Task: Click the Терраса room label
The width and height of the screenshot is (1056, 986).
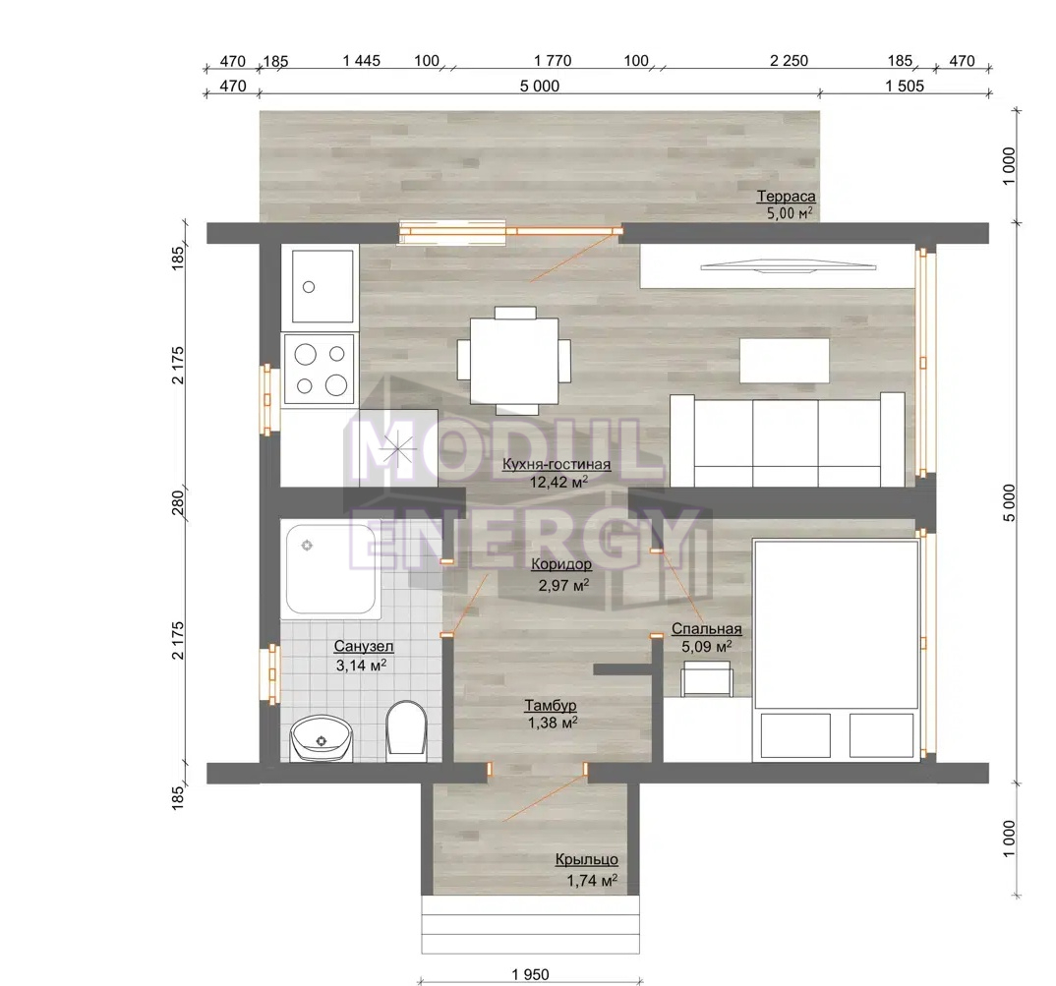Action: pyautogui.click(x=786, y=197)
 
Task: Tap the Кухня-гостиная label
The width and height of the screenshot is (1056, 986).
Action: pyautogui.click(x=557, y=464)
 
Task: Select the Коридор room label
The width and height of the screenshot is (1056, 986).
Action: pyautogui.click(x=561, y=564)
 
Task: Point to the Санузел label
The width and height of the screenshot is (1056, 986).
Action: pyautogui.click(x=364, y=647)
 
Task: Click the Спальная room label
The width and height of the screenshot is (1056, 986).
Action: pyautogui.click(x=707, y=629)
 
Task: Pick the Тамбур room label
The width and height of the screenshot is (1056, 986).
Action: pyautogui.click(x=551, y=705)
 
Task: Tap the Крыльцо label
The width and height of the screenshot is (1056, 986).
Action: pyautogui.click(x=587, y=860)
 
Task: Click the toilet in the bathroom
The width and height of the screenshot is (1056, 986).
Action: pyautogui.click(x=406, y=728)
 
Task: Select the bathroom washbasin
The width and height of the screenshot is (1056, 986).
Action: pyautogui.click(x=322, y=738)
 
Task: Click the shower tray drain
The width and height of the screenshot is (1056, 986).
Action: pyautogui.click(x=307, y=545)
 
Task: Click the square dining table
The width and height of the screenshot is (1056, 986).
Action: pyautogui.click(x=514, y=361)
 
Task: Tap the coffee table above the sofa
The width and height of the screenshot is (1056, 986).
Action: pyautogui.click(x=785, y=361)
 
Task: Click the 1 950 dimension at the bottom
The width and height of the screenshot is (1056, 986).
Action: pyautogui.click(x=530, y=974)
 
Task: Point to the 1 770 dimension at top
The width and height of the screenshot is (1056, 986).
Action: pyautogui.click(x=553, y=61)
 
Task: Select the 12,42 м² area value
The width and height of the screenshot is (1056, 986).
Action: pyautogui.click(x=559, y=482)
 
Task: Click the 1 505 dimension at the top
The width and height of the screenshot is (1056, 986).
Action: pyautogui.click(x=905, y=87)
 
